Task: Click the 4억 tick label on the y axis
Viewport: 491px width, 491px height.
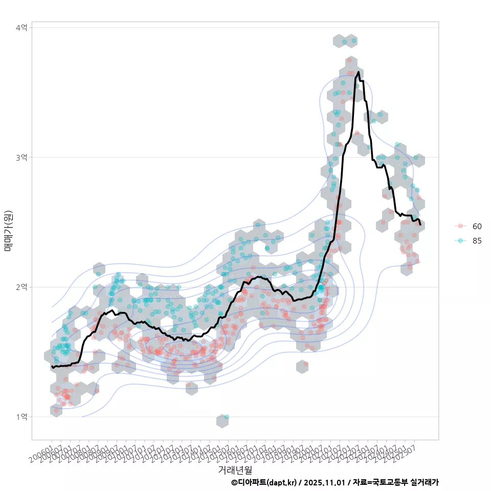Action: click(21, 27)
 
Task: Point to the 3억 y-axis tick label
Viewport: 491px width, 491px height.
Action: click(21, 157)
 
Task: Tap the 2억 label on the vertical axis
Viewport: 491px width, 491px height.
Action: click(21, 287)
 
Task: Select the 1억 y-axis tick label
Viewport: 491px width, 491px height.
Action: click(21, 417)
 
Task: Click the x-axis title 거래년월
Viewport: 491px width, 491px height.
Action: click(235, 470)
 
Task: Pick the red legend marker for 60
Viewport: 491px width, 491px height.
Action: click(460, 226)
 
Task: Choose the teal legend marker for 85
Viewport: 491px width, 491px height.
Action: click(460, 241)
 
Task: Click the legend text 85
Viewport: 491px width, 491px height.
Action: click(477, 241)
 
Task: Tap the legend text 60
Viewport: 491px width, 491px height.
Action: click(477, 226)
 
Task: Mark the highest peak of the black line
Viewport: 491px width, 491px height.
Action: click(359, 73)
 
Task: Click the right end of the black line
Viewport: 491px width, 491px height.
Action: click(420, 225)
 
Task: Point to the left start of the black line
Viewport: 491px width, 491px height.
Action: click(52, 367)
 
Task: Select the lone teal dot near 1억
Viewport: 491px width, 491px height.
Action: click(226, 417)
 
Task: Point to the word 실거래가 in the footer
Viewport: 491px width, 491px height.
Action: click(425, 482)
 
